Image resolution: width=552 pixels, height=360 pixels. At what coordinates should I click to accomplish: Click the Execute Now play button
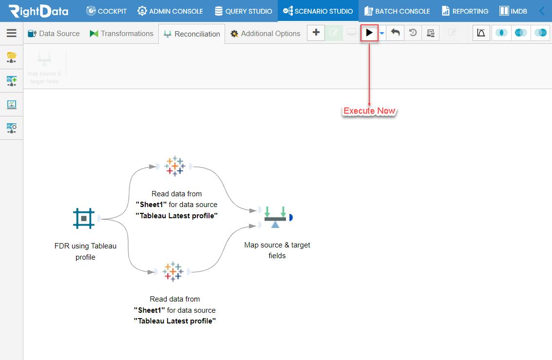click(x=369, y=33)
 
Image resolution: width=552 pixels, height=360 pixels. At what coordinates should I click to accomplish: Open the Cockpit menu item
click(x=106, y=11)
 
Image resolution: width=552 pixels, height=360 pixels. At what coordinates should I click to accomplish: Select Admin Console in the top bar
click(x=170, y=11)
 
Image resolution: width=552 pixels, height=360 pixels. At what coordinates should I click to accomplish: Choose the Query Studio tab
click(x=243, y=11)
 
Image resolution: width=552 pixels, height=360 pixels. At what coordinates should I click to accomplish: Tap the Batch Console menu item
click(x=397, y=11)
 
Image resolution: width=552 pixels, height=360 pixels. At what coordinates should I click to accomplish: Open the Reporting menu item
click(x=465, y=11)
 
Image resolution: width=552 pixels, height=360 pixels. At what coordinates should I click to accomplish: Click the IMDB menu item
click(x=514, y=11)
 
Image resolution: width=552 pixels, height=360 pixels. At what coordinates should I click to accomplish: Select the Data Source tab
click(x=54, y=34)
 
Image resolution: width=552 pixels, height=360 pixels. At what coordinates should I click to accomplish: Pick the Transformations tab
click(x=121, y=34)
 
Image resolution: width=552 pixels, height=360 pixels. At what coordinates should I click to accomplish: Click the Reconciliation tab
click(x=192, y=34)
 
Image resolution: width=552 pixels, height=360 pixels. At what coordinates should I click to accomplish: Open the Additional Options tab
click(x=266, y=34)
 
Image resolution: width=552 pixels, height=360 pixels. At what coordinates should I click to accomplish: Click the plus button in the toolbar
click(x=316, y=33)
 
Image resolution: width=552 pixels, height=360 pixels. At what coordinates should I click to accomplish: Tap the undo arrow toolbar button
click(x=395, y=33)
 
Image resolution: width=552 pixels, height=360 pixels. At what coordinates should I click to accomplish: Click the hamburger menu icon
click(x=12, y=33)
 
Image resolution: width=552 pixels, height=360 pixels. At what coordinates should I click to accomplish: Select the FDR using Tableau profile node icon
click(x=84, y=218)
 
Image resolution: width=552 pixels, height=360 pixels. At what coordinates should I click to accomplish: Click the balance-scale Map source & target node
click(x=275, y=217)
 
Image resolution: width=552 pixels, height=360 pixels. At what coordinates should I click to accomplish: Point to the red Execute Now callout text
click(x=369, y=111)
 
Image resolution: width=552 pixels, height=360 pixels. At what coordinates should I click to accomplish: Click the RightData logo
click(x=38, y=11)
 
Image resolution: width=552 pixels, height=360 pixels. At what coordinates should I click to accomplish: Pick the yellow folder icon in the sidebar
click(x=12, y=57)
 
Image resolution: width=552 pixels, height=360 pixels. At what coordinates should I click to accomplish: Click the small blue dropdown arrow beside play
click(x=382, y=34)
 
